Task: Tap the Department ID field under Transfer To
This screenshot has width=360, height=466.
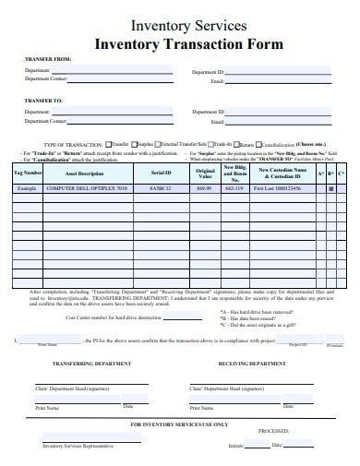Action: point(286,112)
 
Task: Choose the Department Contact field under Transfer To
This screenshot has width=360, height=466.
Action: point(120,122)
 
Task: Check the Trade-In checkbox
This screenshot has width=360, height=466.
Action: point(210,144)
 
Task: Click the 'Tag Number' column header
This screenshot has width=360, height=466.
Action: point(28,173)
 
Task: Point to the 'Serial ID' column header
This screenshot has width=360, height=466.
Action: point(162,173)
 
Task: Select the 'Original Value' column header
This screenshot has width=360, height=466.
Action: point(205,173)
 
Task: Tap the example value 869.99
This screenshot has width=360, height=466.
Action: point(205,188)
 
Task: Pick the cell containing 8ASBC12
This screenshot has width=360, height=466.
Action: point(162,188)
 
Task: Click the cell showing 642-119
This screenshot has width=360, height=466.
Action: point(234,188)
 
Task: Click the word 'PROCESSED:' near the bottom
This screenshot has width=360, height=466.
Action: point(274,431)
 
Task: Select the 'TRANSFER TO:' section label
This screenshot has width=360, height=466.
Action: point(44,100)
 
